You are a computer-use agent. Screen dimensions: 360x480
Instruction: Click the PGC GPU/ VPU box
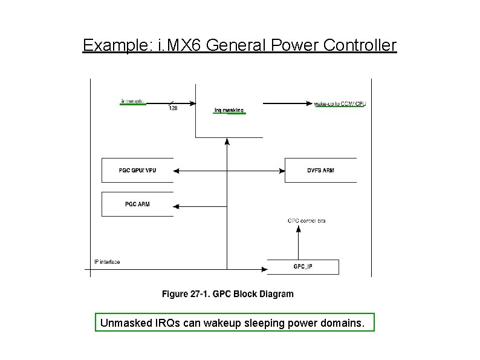click(137, 170)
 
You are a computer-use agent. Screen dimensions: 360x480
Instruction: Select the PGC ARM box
click(137, 205)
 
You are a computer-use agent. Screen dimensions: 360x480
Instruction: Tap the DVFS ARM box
click(320, 170)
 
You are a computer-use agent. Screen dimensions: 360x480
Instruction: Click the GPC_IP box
click(303, 266)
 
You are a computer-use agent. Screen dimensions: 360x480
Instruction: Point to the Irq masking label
click(229, 111)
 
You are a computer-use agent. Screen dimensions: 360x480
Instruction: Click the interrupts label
click(133, 102)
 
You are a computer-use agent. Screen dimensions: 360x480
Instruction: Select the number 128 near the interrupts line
click(173, 108)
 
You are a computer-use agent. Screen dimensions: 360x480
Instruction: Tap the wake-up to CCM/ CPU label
click(340, 104)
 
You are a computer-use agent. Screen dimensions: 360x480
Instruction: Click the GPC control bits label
click(306, 221)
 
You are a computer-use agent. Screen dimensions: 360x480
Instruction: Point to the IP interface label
click(107, 262)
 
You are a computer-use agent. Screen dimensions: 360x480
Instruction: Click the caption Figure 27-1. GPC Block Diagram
click(227, 294)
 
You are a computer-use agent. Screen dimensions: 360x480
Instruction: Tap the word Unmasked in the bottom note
click(125, 323)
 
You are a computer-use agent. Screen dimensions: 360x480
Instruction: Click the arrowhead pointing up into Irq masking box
click(227, 141)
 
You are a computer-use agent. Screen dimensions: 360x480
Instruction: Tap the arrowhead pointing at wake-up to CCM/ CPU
click(310, 103)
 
